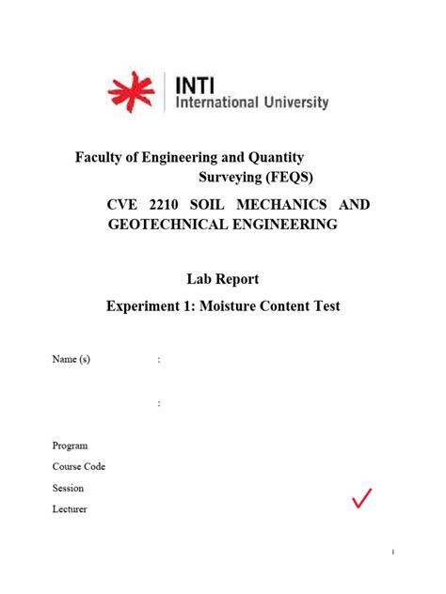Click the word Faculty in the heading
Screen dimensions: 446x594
(x=101, y=157)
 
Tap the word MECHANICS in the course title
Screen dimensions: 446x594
(x=285, y=205)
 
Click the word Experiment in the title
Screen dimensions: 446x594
(x=150, y=305)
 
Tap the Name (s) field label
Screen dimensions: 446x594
(x=72, y=359)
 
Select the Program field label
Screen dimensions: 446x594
(x=70, y=445)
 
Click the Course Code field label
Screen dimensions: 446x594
(x=79, y=466)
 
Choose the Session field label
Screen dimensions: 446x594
(x=68, y=488)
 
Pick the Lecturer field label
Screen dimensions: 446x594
(x=70, y=508)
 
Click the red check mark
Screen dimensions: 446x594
(x=362, y=499)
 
